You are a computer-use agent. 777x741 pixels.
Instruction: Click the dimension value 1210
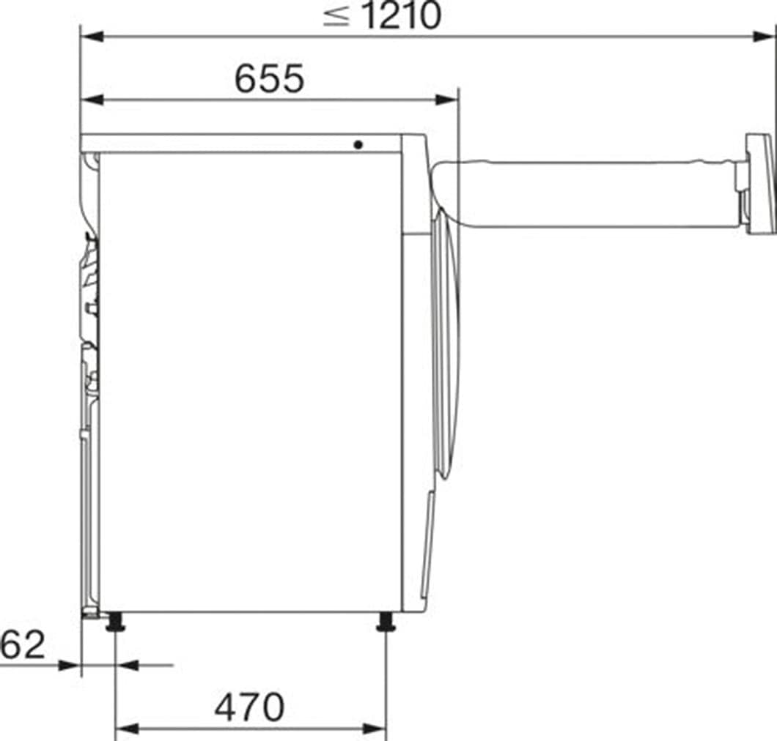tap(402, 16)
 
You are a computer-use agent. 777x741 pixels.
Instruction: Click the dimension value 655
tap(269, 78)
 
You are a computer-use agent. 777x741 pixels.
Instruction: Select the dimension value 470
tap(249, 707)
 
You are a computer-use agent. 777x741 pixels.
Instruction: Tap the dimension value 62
tap(22, 645)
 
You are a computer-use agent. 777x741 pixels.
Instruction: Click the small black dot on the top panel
tap(358, 145)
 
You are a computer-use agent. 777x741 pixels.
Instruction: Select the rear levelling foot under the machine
tap(114, 624)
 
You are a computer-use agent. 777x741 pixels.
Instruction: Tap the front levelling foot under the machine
tap(386, 624)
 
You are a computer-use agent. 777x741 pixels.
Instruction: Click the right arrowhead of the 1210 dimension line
tap(767, 36)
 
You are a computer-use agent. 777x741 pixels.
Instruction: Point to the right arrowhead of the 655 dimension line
tap(447, 100)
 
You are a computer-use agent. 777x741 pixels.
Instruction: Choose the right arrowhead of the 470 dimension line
tap(375, 729)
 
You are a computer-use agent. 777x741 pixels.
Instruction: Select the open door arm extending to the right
tap(586, 194)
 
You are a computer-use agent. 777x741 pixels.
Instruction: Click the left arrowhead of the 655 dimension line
tap(92, 100)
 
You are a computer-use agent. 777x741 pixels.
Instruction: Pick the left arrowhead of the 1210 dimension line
tap(92, 36)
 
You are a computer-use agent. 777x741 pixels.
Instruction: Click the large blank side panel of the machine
tap(249, 381)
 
